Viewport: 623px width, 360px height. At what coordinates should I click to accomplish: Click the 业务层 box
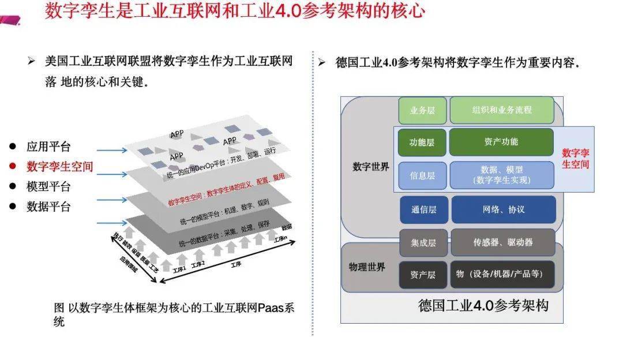pos(422,110)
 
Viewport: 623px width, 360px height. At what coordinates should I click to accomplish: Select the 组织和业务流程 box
pos(501,110)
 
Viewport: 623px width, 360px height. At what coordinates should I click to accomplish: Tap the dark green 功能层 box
pos(422,142)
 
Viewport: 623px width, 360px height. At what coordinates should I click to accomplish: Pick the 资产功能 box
pos(501,142)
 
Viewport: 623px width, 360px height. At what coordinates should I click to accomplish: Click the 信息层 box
pos(422,175)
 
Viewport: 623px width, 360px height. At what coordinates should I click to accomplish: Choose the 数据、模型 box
pos(501,175)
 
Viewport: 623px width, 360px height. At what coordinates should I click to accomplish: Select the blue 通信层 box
pos(423,210)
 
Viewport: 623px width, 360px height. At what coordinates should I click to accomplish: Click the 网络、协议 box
pos(504,209)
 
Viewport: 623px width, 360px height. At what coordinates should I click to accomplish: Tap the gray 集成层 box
pos(423,243)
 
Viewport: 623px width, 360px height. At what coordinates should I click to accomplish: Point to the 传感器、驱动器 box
pos(503,242)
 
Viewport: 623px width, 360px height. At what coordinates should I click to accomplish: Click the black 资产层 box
pos(423,275)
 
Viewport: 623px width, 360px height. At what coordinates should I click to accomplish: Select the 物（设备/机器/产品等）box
pos(503,274)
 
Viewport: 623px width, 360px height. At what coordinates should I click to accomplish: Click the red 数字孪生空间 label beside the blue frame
pos(575,159)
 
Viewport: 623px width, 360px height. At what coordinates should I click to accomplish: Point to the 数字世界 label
pos(370,167)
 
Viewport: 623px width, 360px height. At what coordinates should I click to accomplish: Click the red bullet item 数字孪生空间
pos(59,167)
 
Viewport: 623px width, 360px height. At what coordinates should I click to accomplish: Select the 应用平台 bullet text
pos(48,147)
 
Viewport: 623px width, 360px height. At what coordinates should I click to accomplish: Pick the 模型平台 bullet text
pos(48,186)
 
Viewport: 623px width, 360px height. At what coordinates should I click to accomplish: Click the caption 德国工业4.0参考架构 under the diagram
pos(483,306)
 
